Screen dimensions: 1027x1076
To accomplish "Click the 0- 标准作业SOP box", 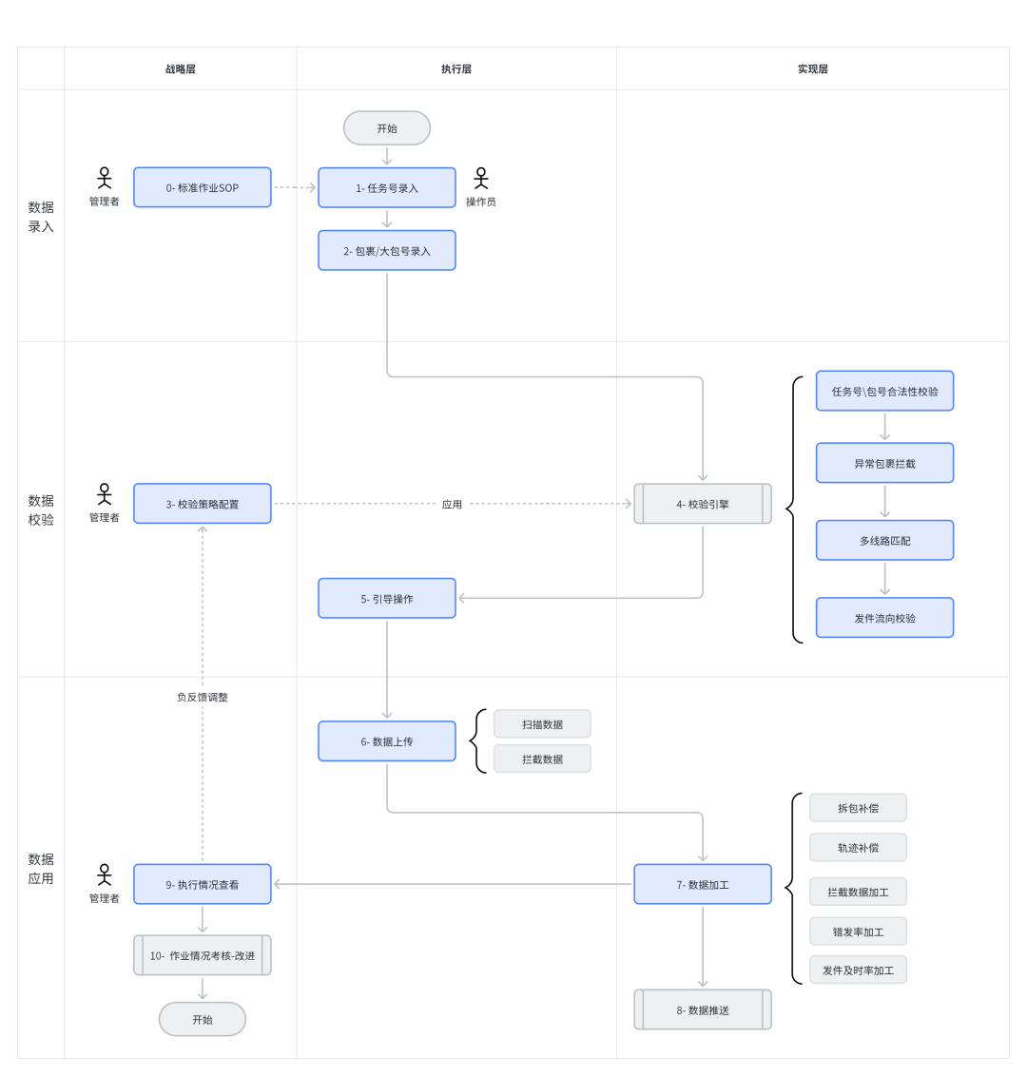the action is click(202, 187).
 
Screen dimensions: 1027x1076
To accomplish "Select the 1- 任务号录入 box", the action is click(386, 187).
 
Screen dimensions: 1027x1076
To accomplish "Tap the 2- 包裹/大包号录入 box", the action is click(386, 251).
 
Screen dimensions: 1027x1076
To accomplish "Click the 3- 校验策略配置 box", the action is click(202, 504).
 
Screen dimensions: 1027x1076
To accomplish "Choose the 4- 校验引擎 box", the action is click(703, 504).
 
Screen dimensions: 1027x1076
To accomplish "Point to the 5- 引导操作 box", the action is click(386, 599).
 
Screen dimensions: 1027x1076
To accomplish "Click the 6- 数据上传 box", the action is click(386, 741).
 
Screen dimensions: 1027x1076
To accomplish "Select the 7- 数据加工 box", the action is click(703, 884).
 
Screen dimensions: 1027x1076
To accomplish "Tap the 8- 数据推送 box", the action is click(703, 1009).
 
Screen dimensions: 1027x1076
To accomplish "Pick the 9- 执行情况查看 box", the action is click(202, 884).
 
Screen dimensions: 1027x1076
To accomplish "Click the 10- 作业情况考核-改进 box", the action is click(202, 955).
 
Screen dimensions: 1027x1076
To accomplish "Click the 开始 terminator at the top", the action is click(386, 128).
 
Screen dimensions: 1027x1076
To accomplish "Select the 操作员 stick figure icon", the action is click(480, 179).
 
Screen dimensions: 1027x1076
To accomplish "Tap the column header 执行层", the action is click(455, 68).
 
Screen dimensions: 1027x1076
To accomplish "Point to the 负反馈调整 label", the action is click(202, 697).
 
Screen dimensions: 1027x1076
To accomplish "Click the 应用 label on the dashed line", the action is click(452, 505).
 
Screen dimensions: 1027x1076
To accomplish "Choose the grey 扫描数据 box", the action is click(542, 724).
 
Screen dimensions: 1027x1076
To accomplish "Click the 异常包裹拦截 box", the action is click(884, 463).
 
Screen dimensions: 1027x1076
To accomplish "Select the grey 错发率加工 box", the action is click(858, 932).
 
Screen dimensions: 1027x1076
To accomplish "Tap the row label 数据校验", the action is click(41, 509).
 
